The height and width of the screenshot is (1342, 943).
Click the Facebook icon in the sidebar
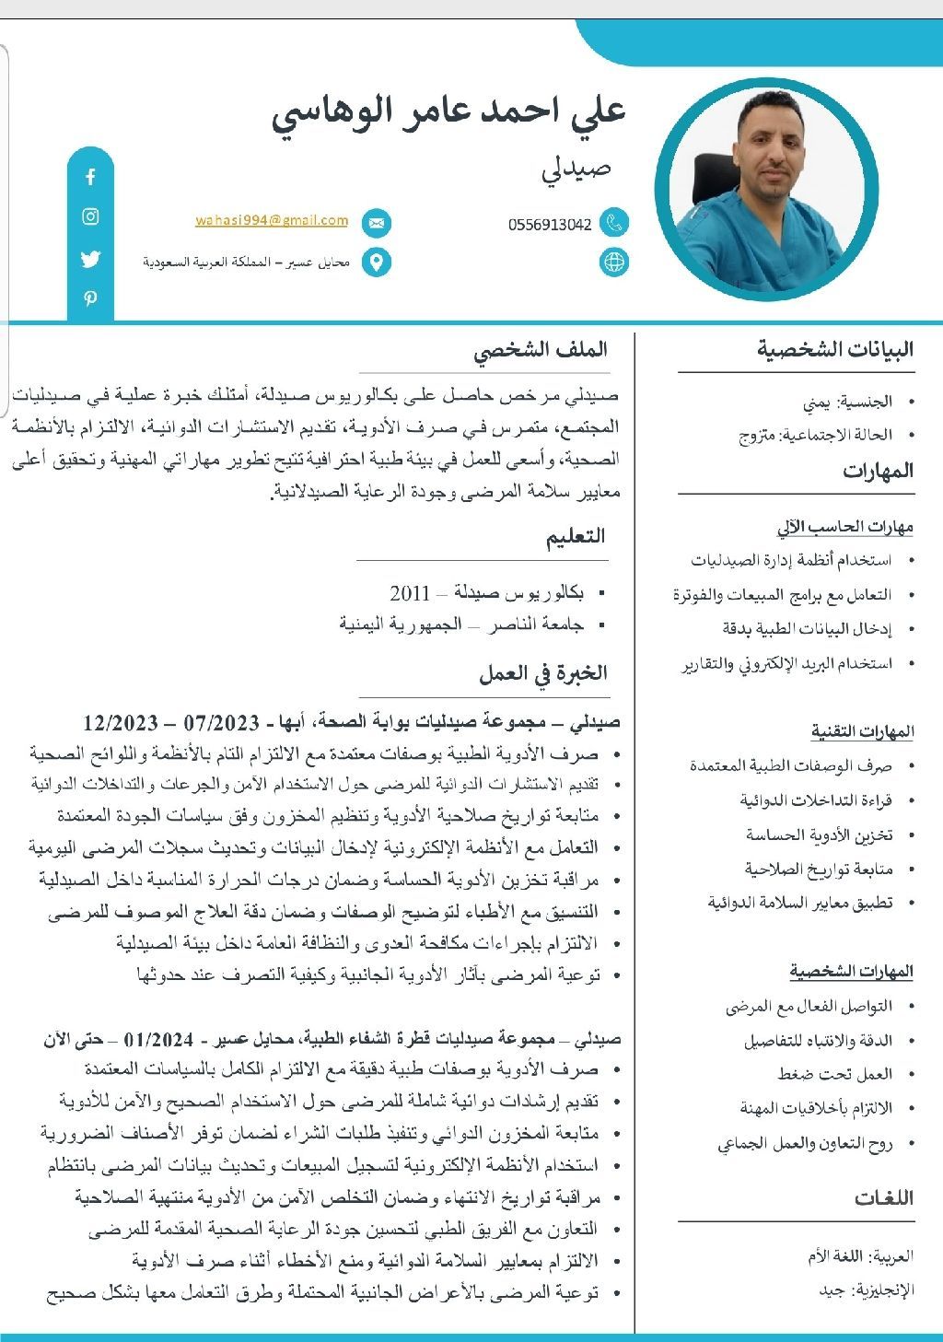(90, 177)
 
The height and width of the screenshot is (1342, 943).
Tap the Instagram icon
(90, 217)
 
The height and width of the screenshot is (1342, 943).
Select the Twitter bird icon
(90, 259)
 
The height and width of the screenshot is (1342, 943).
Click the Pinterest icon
(90, 298)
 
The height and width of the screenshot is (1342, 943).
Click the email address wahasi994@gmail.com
(272, 221)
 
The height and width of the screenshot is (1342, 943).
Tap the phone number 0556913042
(550, 225)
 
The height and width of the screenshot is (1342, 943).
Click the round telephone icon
(614, 222)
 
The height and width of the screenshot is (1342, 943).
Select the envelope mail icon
(376, 223)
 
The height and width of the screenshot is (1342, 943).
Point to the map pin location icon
(376, 263)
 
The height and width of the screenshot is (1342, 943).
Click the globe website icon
(614, 262)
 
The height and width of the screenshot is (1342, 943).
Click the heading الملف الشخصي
(541, 350)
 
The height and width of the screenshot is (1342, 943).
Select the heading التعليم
(576, 536)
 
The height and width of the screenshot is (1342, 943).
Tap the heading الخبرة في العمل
(543, 673)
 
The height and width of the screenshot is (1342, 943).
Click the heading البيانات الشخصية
(835, 349)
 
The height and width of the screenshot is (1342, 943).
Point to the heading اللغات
(884, 1197)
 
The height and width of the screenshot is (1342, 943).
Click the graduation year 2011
(410, 592)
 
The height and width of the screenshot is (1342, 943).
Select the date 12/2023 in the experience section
(120, 721)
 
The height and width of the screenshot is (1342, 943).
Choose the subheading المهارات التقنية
(862, 731)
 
